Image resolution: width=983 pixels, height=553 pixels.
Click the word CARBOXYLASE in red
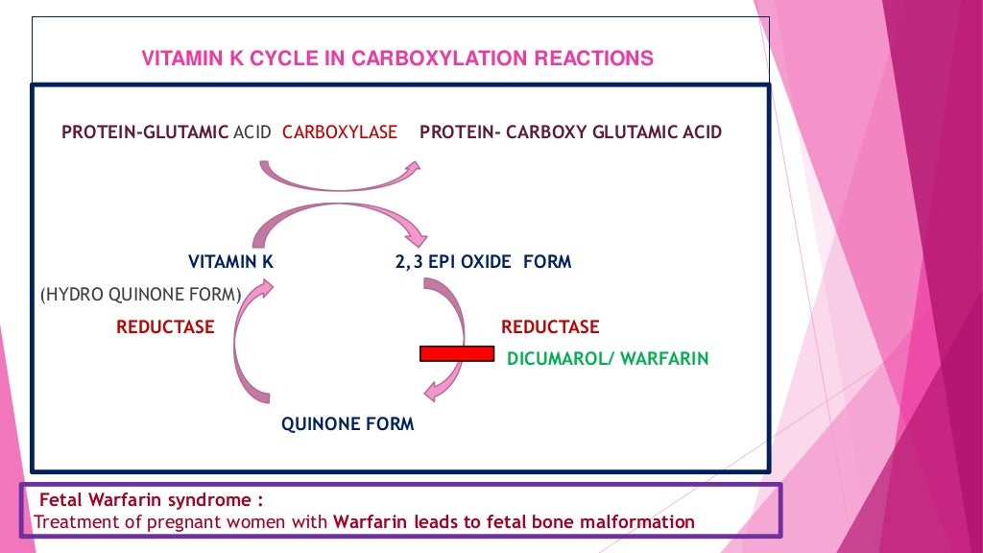tap(340, 132)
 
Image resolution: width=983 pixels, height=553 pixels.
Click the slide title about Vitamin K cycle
tap(397, 59)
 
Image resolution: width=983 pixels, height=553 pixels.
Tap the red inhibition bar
tap(457, 353)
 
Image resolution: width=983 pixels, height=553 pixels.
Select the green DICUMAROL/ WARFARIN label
tap(608, 359)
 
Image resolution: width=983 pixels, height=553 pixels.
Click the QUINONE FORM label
tap(348, 423)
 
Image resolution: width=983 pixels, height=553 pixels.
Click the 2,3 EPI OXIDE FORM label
tap(483, 261)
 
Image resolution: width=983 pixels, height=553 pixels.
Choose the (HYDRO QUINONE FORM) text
tap(140, 295)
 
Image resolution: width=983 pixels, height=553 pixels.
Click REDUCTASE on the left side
tap(165, 327)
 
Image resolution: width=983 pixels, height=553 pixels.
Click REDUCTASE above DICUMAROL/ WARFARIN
tap(550, 327)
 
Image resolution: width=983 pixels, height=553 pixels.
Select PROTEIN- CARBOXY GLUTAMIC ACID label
tap(570, 132)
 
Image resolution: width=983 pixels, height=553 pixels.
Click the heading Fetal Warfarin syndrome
tap(151, 501)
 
